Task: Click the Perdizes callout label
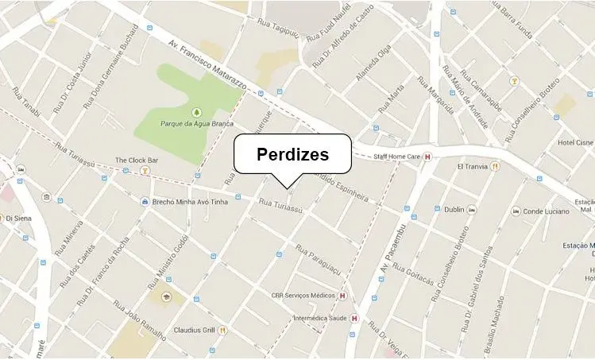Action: click(x=292, y=154)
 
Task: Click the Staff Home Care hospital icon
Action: click(x=429, y=157)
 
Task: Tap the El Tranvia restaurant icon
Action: click(x=496, y=167)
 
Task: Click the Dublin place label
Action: click(x=454, y=210)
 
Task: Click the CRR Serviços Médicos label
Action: click(x=303, y=296)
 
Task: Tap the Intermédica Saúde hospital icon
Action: click(x=354, y=319)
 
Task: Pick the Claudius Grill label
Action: click(x=195, y=330)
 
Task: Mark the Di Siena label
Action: click(x=22, y=218)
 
